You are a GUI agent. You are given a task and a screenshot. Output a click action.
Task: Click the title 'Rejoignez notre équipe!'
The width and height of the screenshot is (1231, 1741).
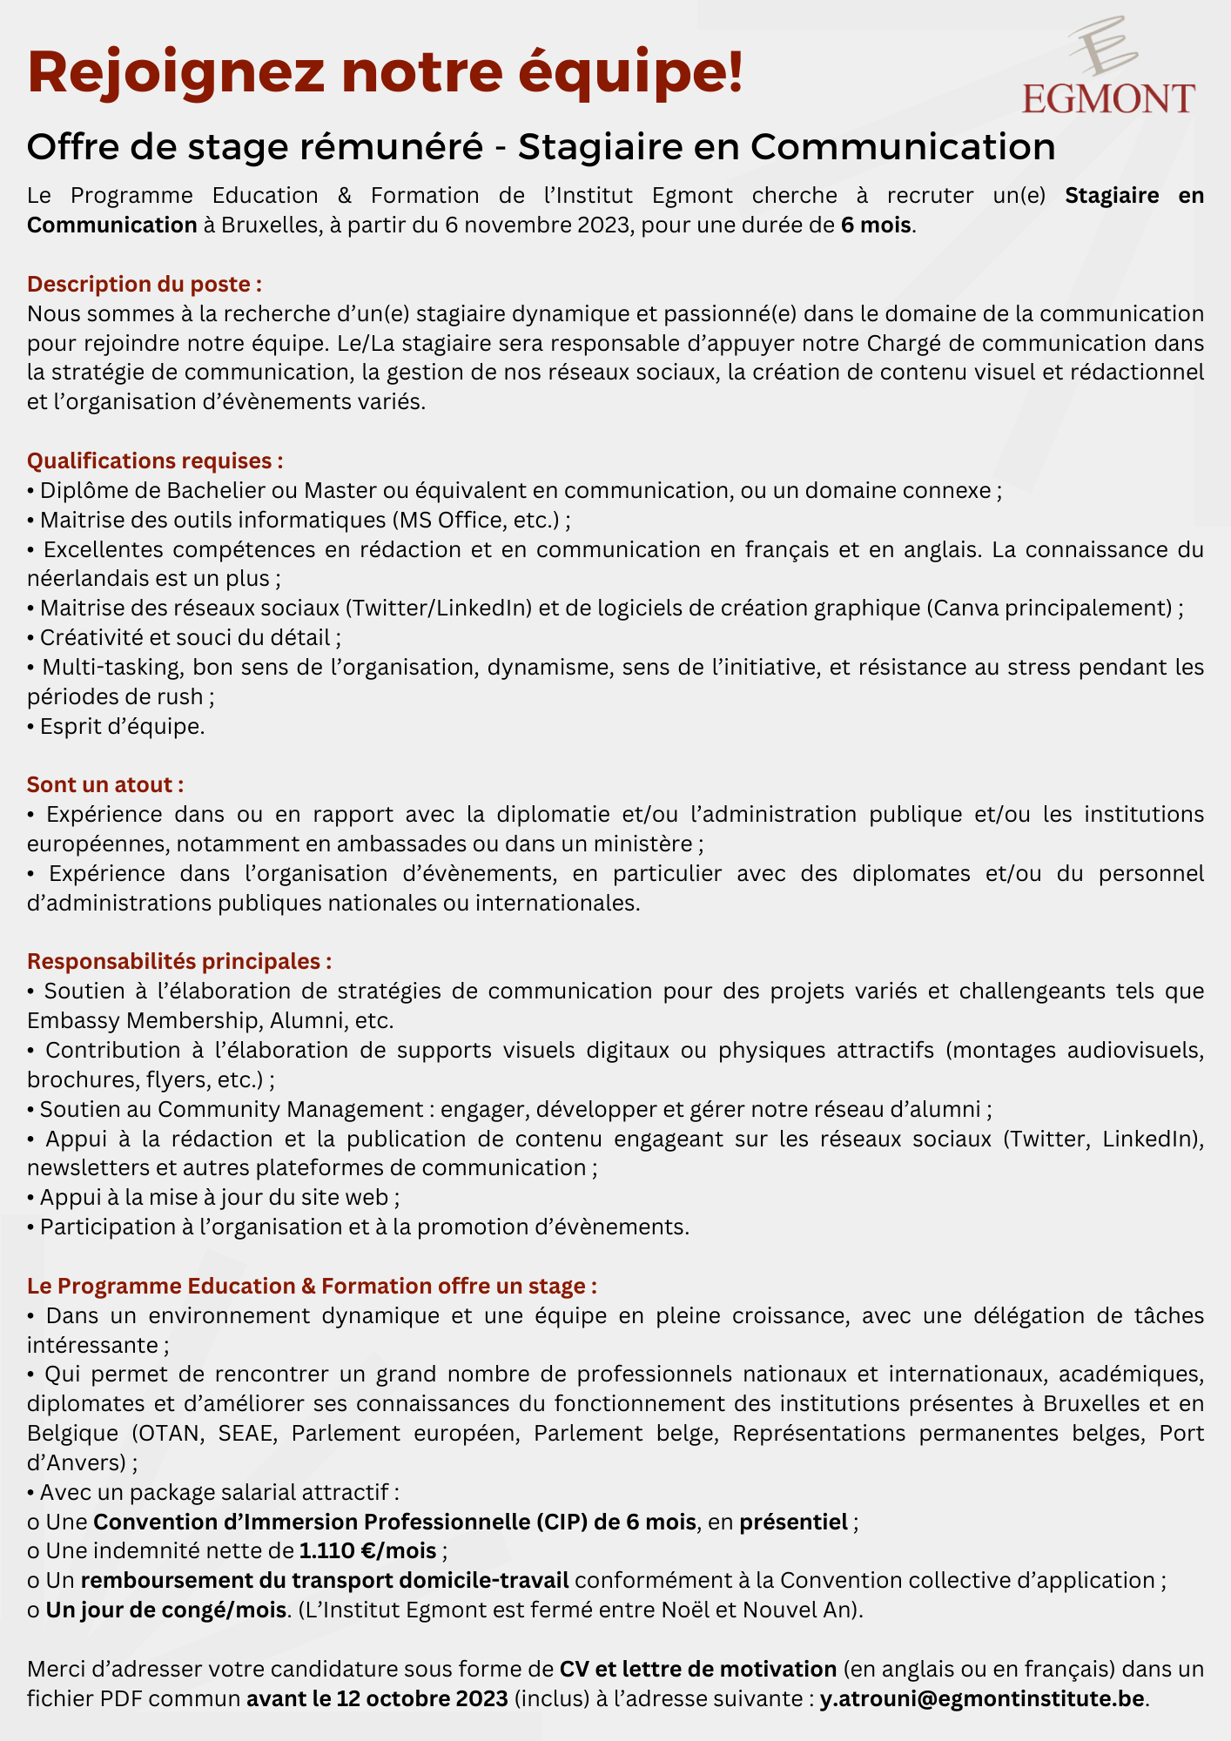coord(385,73)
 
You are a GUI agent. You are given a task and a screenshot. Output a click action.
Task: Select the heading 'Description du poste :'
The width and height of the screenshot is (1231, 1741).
coord(145,284)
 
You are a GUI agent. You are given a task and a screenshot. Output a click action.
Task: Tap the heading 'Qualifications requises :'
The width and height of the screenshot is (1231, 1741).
coord(155,460)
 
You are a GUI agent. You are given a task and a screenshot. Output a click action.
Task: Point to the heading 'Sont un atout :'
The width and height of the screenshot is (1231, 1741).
coord(105,784)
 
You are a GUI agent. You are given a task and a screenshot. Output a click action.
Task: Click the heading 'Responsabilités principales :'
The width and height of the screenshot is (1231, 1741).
coord(179,961)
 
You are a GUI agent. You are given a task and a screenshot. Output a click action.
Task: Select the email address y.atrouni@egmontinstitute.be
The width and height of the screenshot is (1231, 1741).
coord(981,1698)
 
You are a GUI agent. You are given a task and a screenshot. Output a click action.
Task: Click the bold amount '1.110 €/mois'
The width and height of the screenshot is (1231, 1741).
coord(367,1550)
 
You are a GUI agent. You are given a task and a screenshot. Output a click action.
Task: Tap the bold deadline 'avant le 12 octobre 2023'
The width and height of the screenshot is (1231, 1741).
coord(377,1698)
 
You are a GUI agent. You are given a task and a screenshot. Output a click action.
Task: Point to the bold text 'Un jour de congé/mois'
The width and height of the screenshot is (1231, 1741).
coord(166,1610)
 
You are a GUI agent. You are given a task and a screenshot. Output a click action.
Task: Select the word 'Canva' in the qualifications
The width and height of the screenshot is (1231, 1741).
coord(965,608)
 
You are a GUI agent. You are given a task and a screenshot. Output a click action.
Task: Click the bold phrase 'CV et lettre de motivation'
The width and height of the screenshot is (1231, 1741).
coord(697,1669)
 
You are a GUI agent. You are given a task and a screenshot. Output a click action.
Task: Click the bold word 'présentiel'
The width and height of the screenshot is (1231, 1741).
coord(793,1522)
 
